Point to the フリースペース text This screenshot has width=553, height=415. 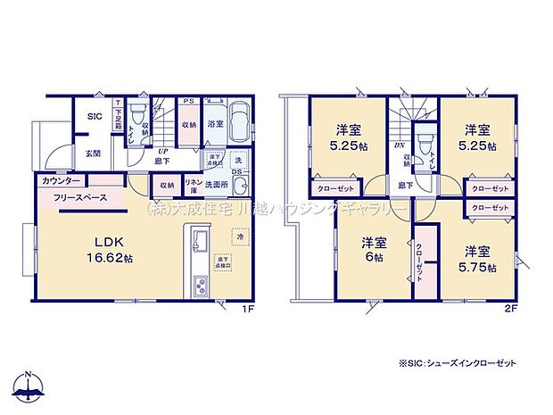coord(80,197)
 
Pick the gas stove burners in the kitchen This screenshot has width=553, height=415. coord(198,287)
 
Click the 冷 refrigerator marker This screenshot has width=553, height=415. coord(238,237)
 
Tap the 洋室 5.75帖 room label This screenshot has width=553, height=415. coord(483,258)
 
